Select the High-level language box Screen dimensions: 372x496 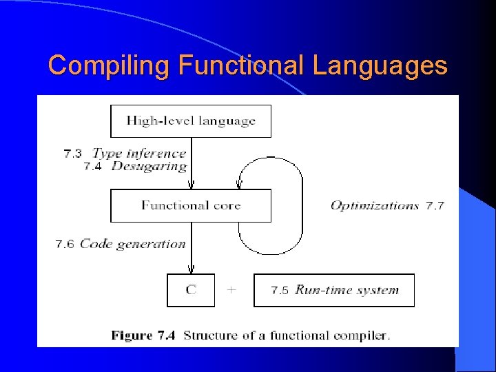click(191, 121)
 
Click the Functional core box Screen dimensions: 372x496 click(191, 205)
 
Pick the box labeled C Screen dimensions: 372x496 click(191, 290)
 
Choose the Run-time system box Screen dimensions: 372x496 click(334, 290)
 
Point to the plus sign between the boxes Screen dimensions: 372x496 click(231, 290)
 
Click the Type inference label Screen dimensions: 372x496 click(139, 154)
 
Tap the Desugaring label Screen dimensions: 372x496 click(149, 166)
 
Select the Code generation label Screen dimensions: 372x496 click(132, 244)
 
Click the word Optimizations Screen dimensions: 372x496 click(375, 205)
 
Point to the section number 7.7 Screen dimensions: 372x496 click(435, 205)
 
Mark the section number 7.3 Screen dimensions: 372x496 click(73, 154)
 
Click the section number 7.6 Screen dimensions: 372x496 click(65, 244)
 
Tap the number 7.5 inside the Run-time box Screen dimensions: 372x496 click(280, 291)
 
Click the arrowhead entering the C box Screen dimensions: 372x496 click(191, 270)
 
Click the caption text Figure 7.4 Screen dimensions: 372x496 click(143, 335)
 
